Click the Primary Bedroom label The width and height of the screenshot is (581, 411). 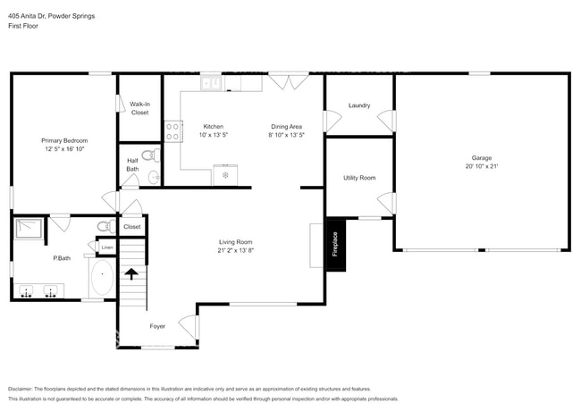(x=64, y=140)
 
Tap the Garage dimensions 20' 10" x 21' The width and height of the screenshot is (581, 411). (x=481, y=167)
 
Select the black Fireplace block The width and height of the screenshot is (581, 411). (x=335, y=242)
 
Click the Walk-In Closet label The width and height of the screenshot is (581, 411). (x=139, y=108)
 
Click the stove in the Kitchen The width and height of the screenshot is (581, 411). (x=173, y=130)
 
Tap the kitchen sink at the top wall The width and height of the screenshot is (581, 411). (x=213, y=83)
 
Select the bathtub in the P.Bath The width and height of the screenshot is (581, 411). (x=102, y=279)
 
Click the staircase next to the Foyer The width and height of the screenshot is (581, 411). (x=131, y=285)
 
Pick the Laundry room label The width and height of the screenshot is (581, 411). (x=359, y=105)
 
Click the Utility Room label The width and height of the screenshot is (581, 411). (x=359, y=178)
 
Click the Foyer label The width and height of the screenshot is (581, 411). (x=157, y=326)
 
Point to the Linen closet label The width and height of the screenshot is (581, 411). (x=106, y=247)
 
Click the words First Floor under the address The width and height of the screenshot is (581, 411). (x=23, y=26)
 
